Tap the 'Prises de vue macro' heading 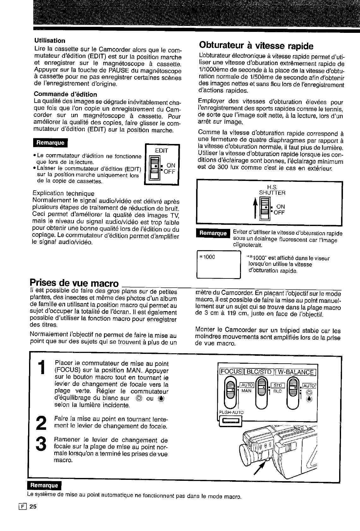click(74, 283)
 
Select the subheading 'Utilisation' click(50, 40)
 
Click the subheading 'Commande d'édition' click(65, 94)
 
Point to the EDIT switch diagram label click(161, 151)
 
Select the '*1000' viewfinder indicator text click(207, 257)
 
